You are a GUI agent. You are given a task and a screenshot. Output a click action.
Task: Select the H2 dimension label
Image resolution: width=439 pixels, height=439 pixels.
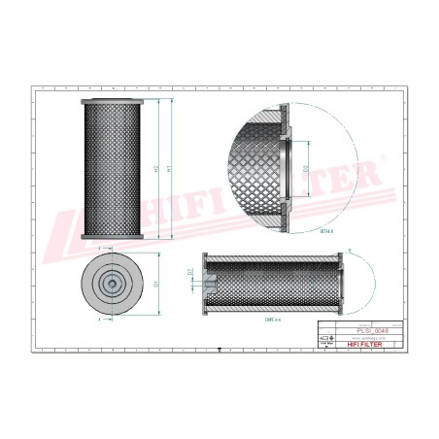tap(157, 169)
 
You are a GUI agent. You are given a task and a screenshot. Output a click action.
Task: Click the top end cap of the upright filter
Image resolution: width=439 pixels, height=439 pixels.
tap(113, 101)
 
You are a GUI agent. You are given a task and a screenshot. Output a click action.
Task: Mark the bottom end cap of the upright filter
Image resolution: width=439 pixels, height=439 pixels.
tap(113, 237)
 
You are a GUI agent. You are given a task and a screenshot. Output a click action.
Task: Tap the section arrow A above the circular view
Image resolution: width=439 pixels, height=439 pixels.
tap(102, 251)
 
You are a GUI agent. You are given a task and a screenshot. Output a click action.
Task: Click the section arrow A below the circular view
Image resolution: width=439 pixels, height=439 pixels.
tap(102, 318)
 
